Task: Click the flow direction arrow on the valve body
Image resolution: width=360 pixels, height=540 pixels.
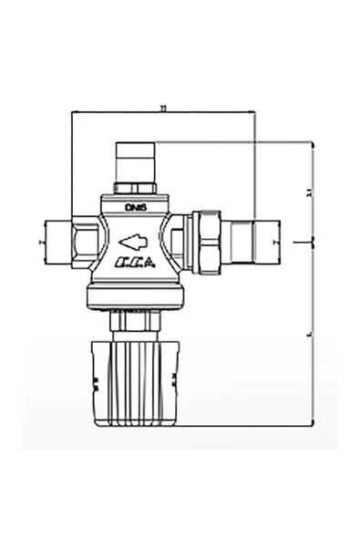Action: pyautogui.click(x=133, y=242)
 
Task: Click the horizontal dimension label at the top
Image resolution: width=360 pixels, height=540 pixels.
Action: pyautogui.click(x=162, y=108)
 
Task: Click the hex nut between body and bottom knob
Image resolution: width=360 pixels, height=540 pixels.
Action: pyautogui.click(x=135, y=321)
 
